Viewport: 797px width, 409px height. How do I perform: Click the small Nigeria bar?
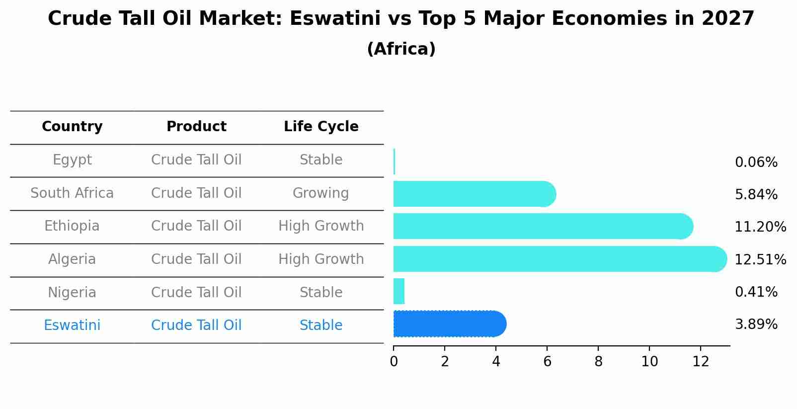(x=399, y=291)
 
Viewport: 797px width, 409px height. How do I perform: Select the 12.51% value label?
(x=760, y=260)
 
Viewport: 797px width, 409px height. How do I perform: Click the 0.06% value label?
(x=756, y=163)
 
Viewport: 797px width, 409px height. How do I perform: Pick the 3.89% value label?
(x=756, y=325)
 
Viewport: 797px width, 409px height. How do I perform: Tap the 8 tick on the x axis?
(x=598, y=362)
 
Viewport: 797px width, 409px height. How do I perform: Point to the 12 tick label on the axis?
(x=701, y=362)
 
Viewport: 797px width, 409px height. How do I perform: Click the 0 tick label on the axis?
(x=394, y=362)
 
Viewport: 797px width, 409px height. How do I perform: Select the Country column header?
(x=72, y=127)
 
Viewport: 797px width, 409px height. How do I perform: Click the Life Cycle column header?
(x=321, y=127)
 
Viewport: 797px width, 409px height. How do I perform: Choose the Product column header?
(x=196, y=127)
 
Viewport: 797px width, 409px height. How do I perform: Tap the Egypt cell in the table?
(x=72, y=160)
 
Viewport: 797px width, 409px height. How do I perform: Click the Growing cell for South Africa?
(x=320, y=193)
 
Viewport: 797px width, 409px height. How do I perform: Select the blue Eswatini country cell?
(x=72, y=326)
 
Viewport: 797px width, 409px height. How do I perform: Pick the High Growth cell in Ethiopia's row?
(x=321, y=226)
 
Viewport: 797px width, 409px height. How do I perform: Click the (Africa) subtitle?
(x=401, y=49)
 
